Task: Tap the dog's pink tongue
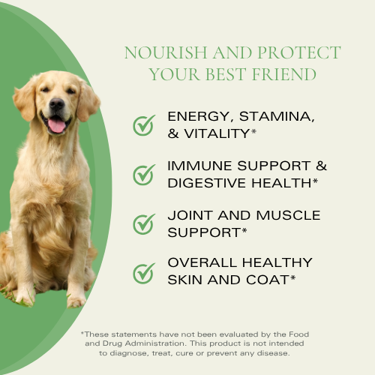(56, 124)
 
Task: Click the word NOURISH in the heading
(159, 53)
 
